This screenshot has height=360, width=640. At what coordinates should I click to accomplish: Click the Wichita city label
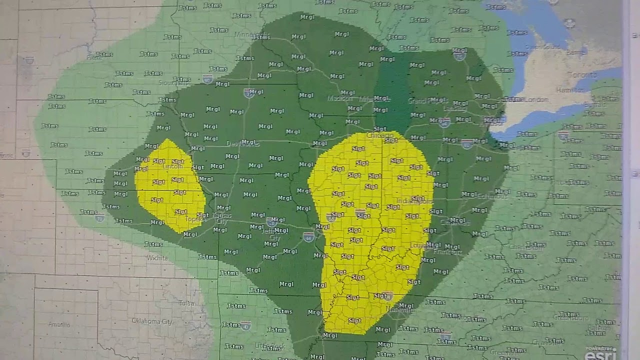[157, 258]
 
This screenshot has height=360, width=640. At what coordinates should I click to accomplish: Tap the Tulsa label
[186, 303]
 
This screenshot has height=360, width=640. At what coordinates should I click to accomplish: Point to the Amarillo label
[59, 324]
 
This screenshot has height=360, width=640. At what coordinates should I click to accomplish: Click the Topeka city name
[194, 219]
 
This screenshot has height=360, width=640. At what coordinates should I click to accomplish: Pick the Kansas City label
[222, 218]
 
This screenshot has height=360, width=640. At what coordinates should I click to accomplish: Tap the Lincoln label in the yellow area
[173, 166]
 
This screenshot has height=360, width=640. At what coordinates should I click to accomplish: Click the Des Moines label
[242, 143]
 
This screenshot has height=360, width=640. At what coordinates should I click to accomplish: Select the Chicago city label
[380, 135]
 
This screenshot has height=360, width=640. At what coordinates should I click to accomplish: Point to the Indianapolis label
[414, 201]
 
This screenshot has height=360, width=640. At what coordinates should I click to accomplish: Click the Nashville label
[400, 310]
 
